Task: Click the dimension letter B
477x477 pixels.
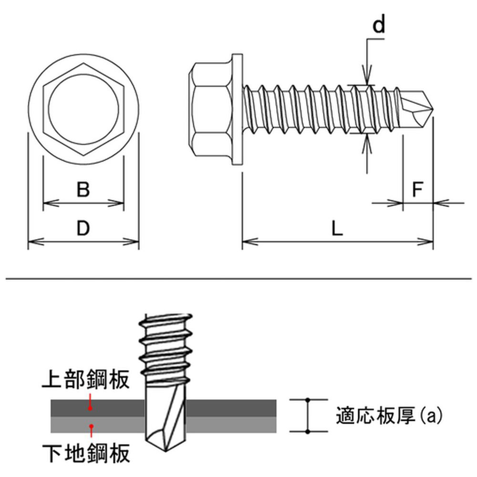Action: [x=83, y=189]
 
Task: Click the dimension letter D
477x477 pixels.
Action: [x=83, y=228]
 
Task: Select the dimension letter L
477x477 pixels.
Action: [x=337, y=228]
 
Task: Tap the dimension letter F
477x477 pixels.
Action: [x=417, y=189]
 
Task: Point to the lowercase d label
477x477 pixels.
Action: [x=379, y=24]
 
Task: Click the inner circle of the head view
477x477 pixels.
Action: [x=83, y=109]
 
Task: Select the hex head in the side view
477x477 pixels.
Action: [x=210, y=110]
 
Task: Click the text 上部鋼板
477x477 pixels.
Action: [x=86, y=379]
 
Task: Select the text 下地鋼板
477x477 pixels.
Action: [x=86, y=453]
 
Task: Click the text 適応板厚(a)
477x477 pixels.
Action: [x=389, y=415]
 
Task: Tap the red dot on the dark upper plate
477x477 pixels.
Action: [x=90, y=408]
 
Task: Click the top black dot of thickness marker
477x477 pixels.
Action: [x=308, y=399]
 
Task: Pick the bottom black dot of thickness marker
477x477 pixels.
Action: [x=308, y=431]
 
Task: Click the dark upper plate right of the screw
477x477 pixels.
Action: [x=231, y=408]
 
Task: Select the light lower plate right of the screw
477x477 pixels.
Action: [x=231, y=425]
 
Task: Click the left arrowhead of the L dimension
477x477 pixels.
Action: [x=250, y=242]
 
